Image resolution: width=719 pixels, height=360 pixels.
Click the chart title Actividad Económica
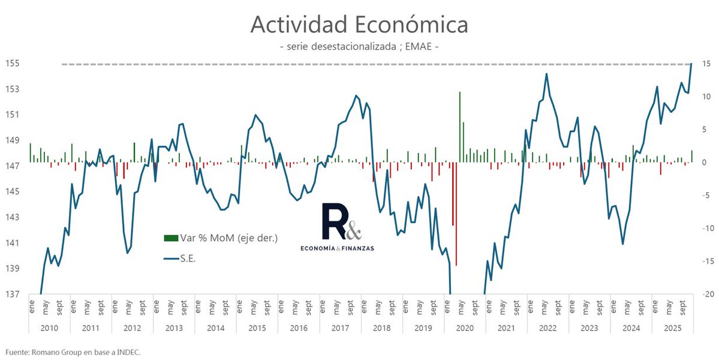[359, 25]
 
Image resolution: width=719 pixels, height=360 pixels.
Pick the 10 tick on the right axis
[706, 97]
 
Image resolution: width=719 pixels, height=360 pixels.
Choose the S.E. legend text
[188, 259]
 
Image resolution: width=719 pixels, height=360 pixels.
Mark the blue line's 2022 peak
[546, 74]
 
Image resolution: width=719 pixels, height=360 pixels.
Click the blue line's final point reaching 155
[691, 64]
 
